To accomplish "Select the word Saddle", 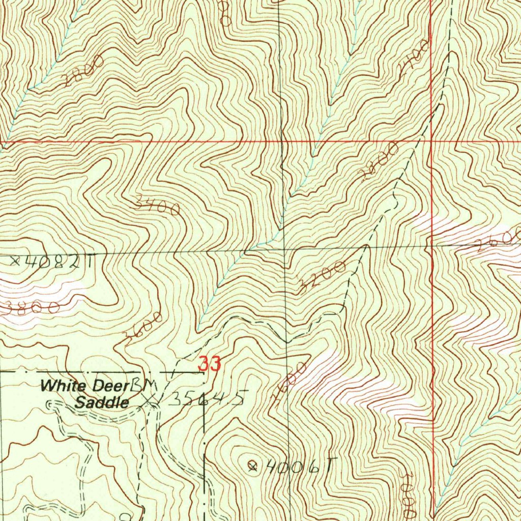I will (x=102, y=403).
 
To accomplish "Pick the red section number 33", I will (x=210, y=364).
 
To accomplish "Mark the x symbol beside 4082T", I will (x=15, y=262).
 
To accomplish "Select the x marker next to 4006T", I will (x=252, y=465).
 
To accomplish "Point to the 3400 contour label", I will (x=158, y=206).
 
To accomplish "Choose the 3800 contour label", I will (x=31, y=307).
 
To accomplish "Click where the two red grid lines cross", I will (x=431, y=140).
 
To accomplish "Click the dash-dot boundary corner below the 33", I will (x=204, y=372).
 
